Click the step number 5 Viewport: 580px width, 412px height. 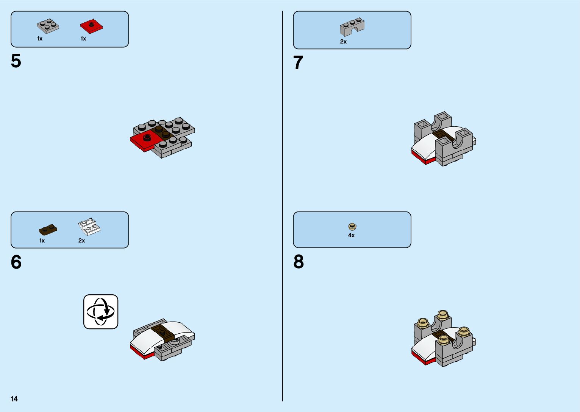[16, 61]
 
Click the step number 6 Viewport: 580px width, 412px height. [16, 262]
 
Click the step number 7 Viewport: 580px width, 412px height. [299, 63]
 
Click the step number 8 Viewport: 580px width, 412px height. [299, 262]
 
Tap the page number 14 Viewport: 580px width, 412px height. [14, 399]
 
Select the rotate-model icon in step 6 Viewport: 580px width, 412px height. [101, 312]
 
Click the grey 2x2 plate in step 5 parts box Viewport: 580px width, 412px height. [48, 26]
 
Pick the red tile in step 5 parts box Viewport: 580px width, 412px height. [91, 26]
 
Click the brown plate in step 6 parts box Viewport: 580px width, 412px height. [48, 229]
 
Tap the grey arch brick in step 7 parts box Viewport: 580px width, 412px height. [352, 26]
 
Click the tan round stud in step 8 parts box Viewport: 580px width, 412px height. [352, 227]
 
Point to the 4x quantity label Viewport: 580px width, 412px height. [352, 235]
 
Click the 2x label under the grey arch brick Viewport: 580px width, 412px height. [343, 42]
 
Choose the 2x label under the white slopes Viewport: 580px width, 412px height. [82, 241]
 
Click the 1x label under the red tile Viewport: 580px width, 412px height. [83, 39]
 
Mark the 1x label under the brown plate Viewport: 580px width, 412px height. [42, 241]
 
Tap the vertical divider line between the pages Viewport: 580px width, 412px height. [283, 206]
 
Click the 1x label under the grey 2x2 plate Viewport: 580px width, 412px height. [40, 39]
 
